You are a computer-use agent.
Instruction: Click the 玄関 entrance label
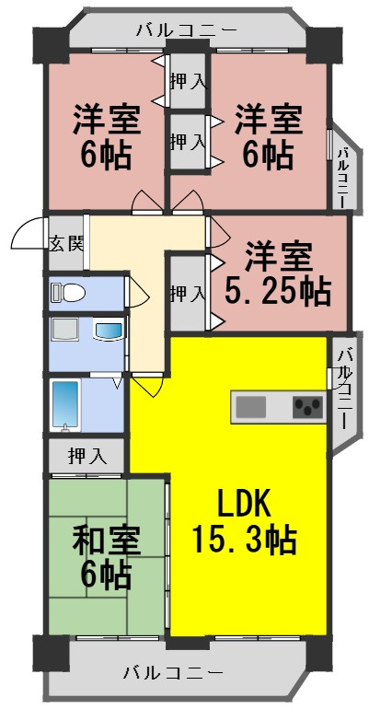click(66, 244)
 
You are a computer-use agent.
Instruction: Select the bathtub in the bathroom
click(67, 403)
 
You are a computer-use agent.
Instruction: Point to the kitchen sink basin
click(252, 406)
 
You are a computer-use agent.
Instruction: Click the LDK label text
click(243, 504)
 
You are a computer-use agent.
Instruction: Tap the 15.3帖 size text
click(244, 538)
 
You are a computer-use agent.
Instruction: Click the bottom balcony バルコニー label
click(174, 671)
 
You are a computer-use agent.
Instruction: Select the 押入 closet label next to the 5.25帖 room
click(188, 294)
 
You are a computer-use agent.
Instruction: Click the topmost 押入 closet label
click(188, 81)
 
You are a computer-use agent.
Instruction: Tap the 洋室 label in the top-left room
click(107, 120)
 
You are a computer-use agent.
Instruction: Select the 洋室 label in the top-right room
click(268, 120)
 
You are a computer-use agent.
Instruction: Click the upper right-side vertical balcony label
click(341, 176)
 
